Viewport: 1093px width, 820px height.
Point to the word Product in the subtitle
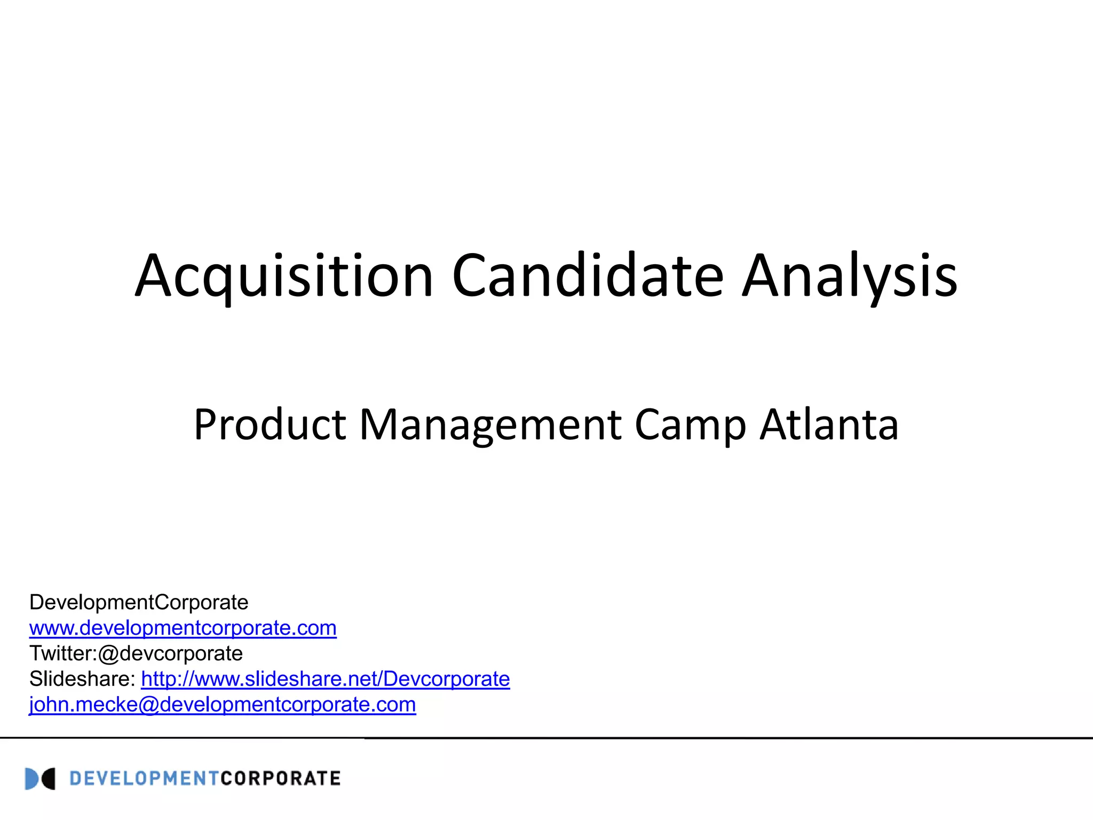point(270,425)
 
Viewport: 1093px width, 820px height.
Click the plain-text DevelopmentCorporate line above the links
point(139,602)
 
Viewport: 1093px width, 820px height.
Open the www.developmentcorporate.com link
point(183,628)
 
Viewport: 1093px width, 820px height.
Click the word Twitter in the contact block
point(61,653)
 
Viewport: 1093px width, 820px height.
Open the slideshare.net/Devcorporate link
point(326,679)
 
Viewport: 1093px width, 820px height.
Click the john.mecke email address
point(222,705)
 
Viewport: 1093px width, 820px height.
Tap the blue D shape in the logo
point(31,779)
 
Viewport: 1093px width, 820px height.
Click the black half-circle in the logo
point(49,779)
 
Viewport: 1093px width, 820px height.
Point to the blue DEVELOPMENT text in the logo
point(144,779)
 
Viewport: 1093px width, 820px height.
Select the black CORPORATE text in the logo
point(280,779)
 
